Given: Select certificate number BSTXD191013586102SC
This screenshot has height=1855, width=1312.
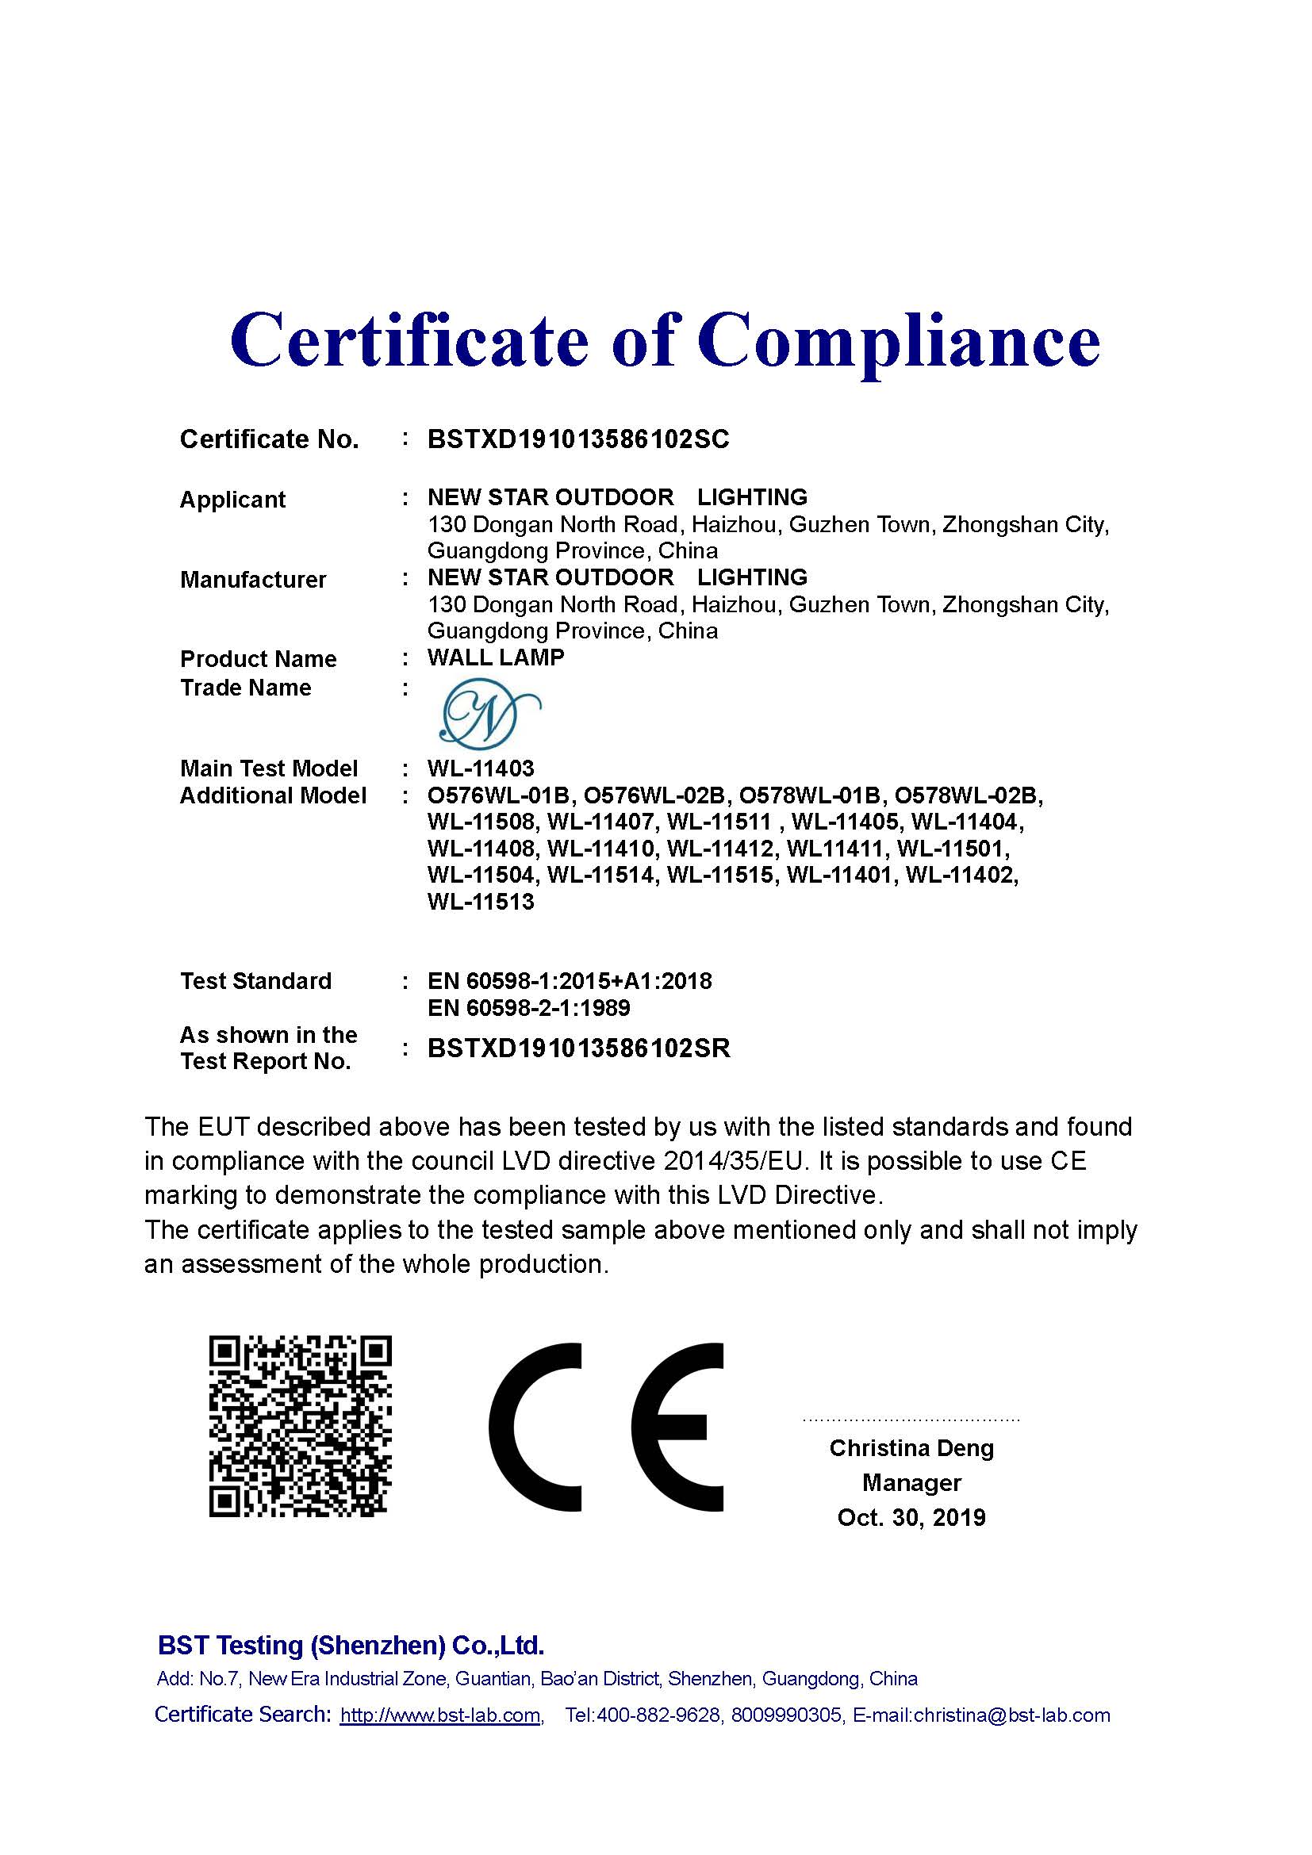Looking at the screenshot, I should pos(577,439).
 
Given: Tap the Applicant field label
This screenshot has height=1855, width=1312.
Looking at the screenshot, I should pos(232,500).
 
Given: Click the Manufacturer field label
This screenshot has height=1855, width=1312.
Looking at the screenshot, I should pos(253,579).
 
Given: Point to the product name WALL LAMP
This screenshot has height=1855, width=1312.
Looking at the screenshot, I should pos(495,657).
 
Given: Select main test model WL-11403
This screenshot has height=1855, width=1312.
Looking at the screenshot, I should pos(481,768).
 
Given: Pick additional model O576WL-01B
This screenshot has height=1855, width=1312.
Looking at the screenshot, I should pos(499,795).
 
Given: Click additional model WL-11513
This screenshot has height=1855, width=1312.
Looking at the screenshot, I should pos(481,902).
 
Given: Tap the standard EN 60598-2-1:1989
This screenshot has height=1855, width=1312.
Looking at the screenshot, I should pos(528,1007).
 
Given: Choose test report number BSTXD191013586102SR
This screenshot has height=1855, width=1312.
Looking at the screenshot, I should pos(578,1048).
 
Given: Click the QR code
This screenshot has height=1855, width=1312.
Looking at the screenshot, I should pos(301,1426).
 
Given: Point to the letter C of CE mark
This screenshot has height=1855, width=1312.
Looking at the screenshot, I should pos(535,1427).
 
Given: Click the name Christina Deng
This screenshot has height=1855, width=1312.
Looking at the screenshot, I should pos(911,1448).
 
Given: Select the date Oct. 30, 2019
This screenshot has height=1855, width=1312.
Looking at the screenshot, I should pos(911,1517).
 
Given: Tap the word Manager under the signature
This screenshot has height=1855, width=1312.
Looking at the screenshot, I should pos(911,1482).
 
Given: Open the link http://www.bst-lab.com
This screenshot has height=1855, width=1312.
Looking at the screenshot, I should pos(440,1715).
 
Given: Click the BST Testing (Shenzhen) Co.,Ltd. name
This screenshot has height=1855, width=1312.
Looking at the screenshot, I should pos(351,1645).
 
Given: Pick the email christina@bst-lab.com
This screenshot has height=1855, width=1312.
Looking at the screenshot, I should pos(1011,1715).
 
